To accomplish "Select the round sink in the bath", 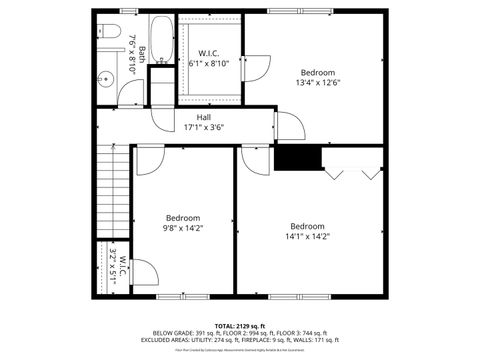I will pos(104,78).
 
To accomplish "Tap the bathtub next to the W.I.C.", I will pos(162,40).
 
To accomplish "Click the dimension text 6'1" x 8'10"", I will pos(209,63).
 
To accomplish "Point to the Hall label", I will pos(203,117).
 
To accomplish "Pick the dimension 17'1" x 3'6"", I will pos(203,127).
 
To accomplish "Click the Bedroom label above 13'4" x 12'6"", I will pos(318,72).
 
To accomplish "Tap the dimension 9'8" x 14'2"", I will pos(183,228).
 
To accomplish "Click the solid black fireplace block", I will pos(297,158).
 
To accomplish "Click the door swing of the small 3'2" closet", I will pos(141,271).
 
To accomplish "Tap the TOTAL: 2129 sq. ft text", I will pos(239,325).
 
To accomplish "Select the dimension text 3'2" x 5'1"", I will pos(117,267).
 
